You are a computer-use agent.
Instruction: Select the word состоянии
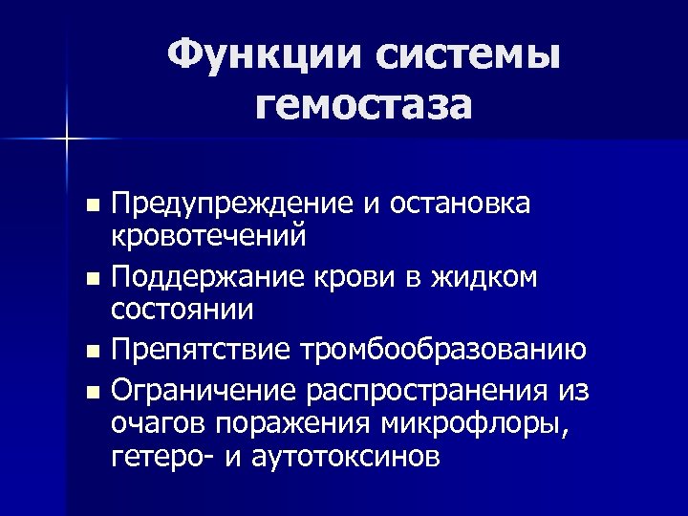click(x=183, y=309)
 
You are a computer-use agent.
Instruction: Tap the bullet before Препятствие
click(x=92, y=352)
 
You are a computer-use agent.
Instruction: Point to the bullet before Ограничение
click(x=92, y=393)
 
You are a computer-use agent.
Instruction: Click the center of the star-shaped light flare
click(x=67, y=140)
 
